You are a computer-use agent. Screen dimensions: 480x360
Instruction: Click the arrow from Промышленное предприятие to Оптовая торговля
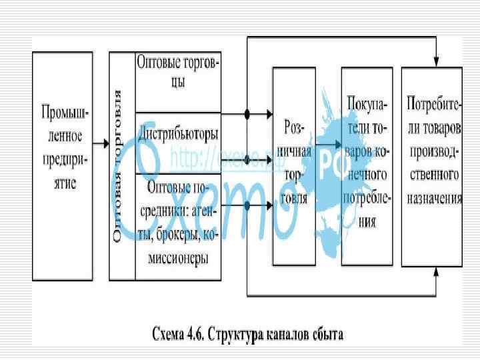pos(100,143)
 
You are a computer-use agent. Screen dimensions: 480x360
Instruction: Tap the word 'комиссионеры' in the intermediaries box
pos(178,257)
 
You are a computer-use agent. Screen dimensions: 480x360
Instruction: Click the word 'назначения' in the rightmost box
pos(433,198)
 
